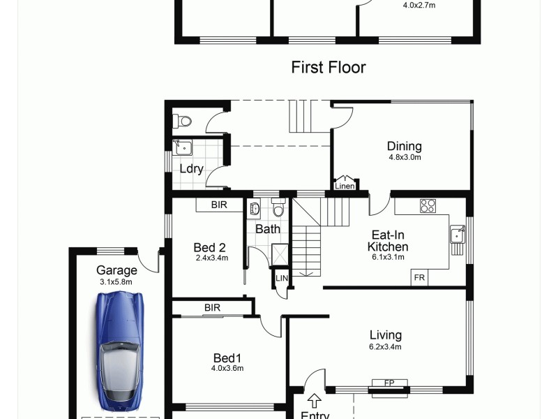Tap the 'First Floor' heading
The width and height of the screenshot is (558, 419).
click(328, 67)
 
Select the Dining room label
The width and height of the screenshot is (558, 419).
click(405, 147)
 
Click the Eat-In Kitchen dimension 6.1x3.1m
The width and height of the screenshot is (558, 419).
click(388, 257)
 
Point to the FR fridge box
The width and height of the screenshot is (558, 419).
click(419, 277)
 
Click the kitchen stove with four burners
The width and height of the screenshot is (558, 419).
click(428, 206)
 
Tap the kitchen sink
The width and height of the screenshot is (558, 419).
click(458, 234)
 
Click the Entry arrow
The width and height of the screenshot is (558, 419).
click(315, 401)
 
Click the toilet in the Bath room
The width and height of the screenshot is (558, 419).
click(278, 209)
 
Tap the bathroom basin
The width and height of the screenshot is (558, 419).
click(254, 208)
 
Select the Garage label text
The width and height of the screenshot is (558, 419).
click(116, 271)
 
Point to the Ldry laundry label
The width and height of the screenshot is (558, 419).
click(191, 168)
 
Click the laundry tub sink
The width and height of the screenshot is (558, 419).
click(183, 147)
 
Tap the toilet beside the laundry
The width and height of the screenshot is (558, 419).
click(183, 122)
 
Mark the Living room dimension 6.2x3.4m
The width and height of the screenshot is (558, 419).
click(385, 346)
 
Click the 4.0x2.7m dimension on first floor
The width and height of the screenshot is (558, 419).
click(419, 6)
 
